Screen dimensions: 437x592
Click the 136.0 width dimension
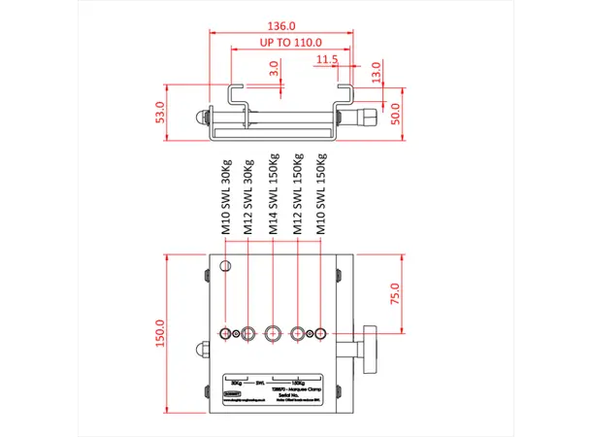pos(281,27)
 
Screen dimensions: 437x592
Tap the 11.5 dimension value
pos(326,60)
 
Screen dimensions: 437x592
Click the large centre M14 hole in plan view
pos(273,333)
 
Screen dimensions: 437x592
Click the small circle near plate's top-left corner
pos(226,267)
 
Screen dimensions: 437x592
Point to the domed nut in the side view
pos(200,116)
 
